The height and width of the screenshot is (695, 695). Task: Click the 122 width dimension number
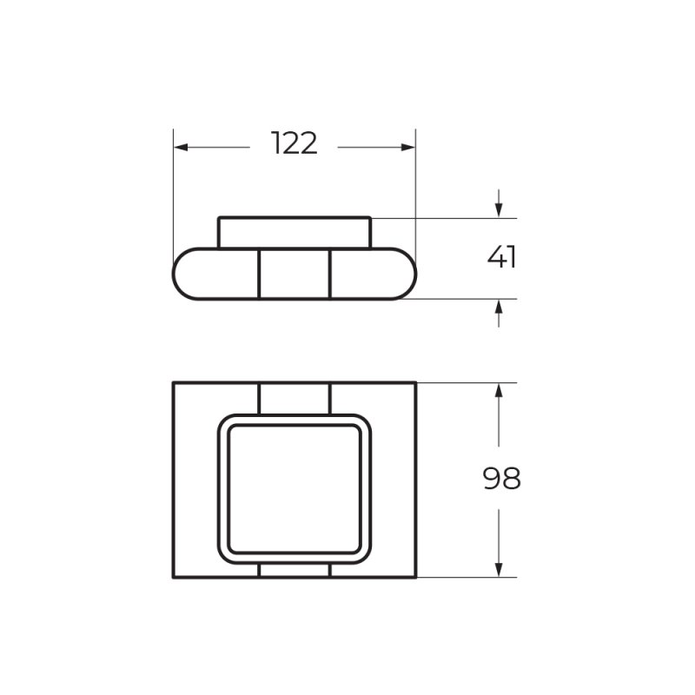[x=295, y=143]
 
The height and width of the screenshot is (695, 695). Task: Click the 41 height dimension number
[x=502, y=257]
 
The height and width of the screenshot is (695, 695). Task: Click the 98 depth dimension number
[x=502, y=479]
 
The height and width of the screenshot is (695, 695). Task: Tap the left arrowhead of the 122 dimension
[x=181, y=147]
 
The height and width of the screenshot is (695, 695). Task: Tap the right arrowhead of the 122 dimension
[x=407, y=147]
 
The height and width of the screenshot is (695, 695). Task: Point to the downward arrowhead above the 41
[x=499, y=210]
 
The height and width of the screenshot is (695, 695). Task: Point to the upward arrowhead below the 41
[x=499, y=307]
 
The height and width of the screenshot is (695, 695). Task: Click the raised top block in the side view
[x=295, y=233]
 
